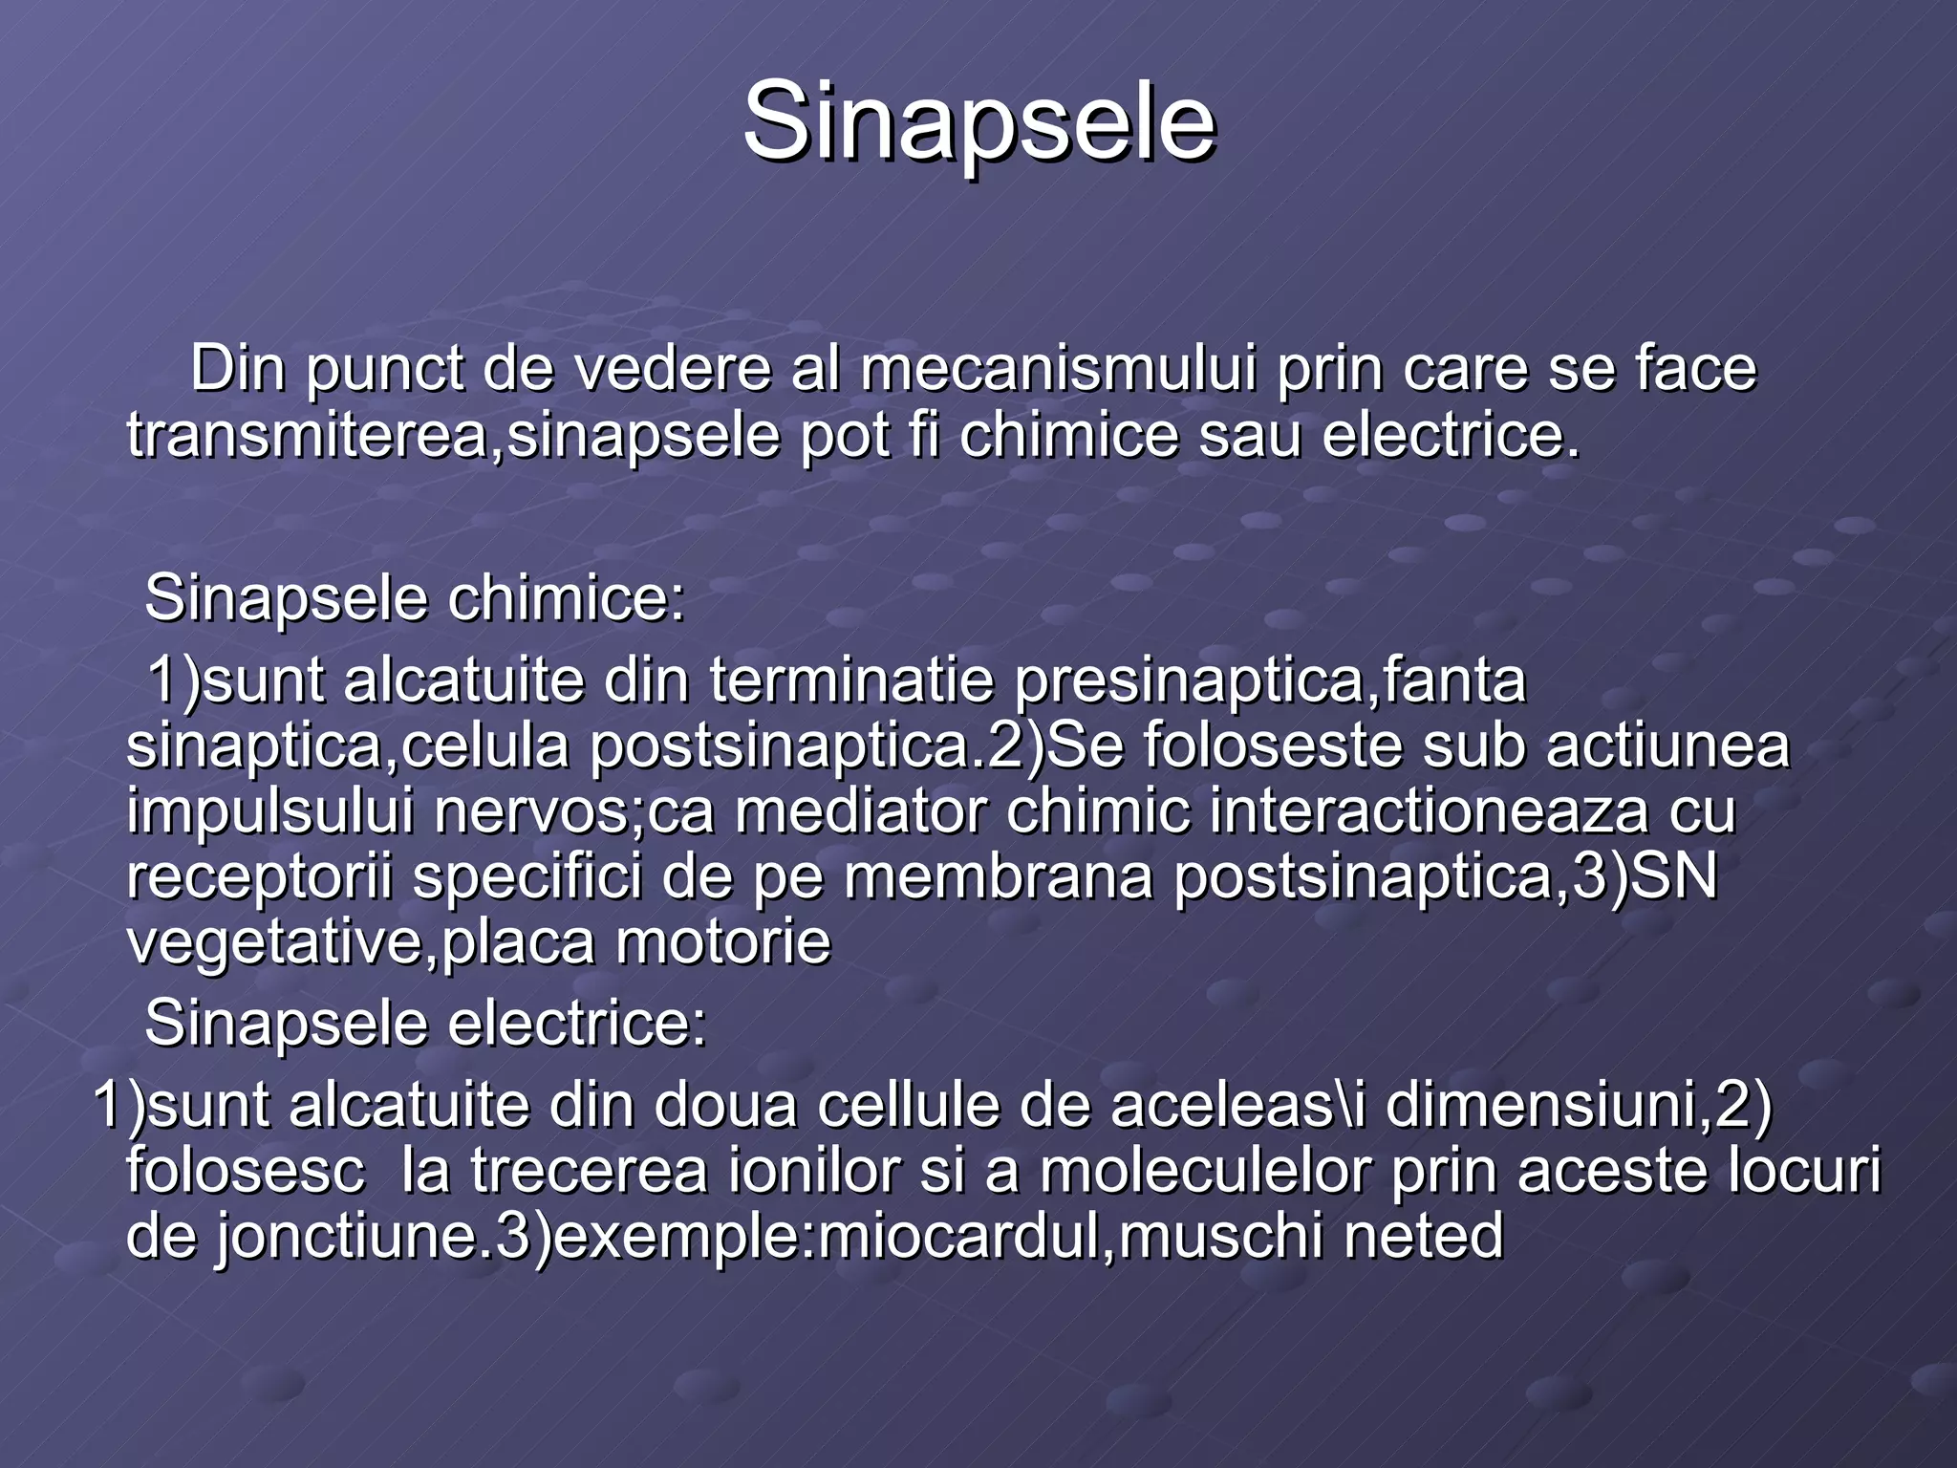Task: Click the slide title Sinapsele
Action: (978, 122)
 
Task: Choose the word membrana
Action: (999, 877)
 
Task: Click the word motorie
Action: (723, 942)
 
